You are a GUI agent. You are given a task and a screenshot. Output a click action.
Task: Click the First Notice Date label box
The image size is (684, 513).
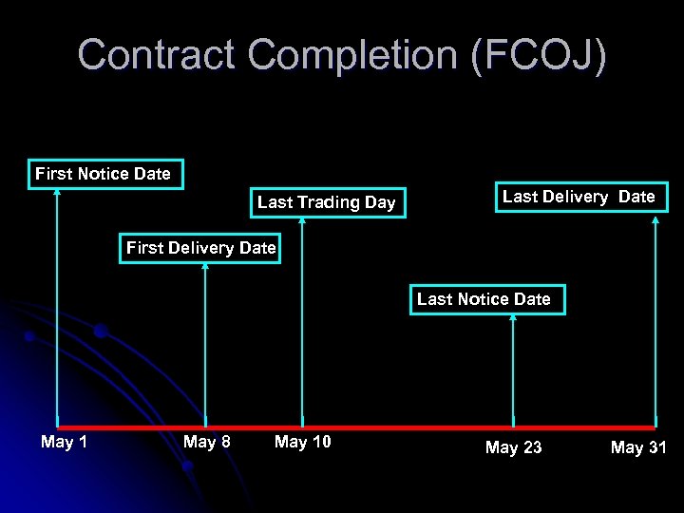pyautogui.click(x=104, y=174)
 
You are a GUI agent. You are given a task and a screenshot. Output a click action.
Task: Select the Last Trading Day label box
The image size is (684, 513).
pyautogui.click(x=326, y=202)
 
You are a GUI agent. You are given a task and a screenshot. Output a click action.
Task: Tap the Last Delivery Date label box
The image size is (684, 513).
pyautogui.click(x=579, y=197)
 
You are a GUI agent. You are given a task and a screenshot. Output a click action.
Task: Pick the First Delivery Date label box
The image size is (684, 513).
pyautogui.click(x=200, y=248)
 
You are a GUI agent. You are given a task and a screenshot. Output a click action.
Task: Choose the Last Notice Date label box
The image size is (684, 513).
pyautogui.click(x=484, y=299)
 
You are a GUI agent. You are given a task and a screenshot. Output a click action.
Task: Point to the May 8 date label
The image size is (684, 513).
pyautogui.click(x=207, y=442)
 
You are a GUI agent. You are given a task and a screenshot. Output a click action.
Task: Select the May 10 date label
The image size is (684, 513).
pyautogui.click(x=302, y=442)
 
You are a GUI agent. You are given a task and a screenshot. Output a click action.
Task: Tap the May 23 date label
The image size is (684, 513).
pyautogui.click(x=513, y=446)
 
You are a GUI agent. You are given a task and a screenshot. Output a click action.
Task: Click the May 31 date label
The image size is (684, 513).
pyautogui.click(x=638, y=446)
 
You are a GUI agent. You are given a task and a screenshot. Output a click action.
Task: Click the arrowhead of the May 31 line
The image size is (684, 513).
pyautogui.click(x=655, y=219)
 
